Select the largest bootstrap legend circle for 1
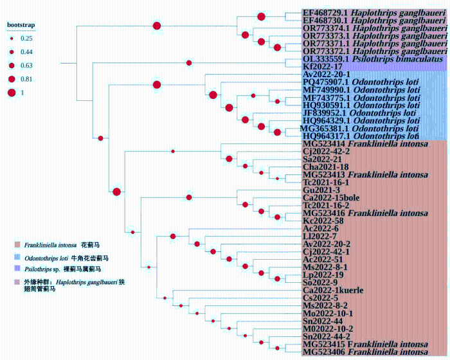[12, 93]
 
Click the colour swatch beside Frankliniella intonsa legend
[17, 245]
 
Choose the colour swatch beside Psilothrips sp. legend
[17, 269]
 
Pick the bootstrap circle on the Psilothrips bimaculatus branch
[189, 62]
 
